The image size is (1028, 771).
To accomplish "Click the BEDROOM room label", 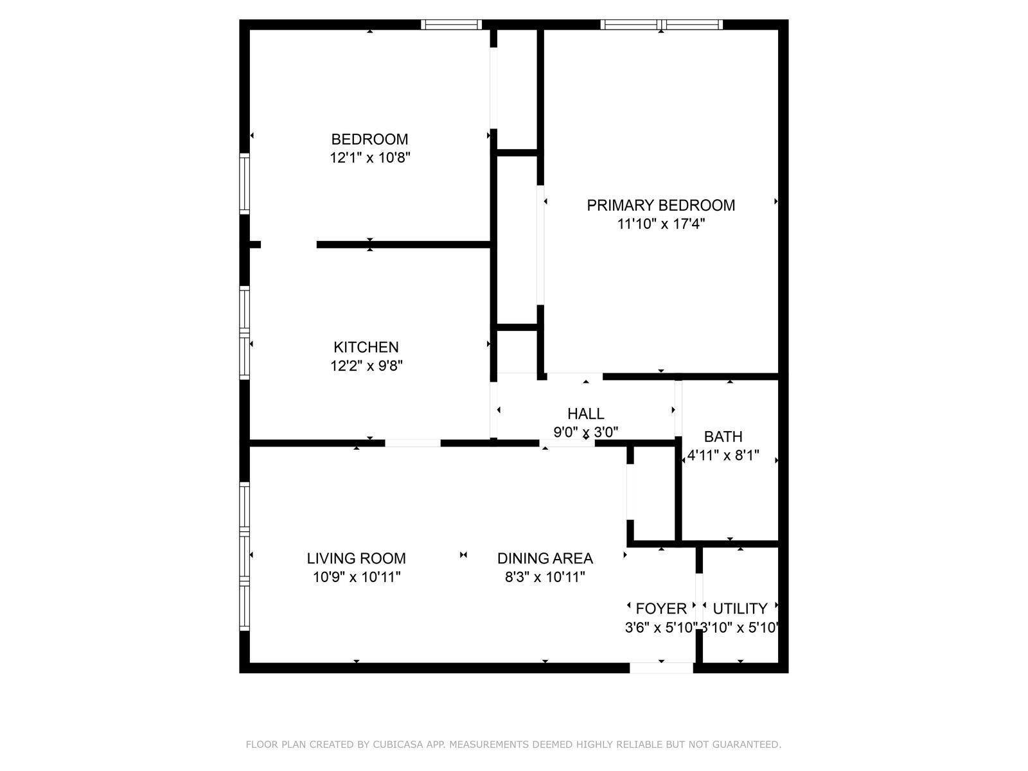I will coord(369,139).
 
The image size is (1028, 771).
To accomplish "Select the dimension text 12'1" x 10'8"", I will coord(369,158).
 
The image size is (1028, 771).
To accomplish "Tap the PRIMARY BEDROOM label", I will coord(660,206).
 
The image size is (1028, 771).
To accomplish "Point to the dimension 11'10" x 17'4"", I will coord(660,224).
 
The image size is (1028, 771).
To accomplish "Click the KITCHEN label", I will coord(366,348).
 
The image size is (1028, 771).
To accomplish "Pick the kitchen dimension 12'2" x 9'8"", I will coord(366,366).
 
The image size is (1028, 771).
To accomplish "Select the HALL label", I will coord(585,414).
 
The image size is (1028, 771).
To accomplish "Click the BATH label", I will coord(723,437).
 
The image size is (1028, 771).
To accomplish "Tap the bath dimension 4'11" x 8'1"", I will coord(723,456).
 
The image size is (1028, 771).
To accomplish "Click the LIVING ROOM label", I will coord(356,559).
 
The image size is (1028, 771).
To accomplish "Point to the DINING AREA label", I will coord(545,559).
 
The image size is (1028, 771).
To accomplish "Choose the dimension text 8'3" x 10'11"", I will coord(545,578).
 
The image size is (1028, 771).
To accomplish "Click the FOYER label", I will coord(660,608).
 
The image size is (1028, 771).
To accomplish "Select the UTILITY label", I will coord(740,608).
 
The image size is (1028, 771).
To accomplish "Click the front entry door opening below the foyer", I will coord(661,668).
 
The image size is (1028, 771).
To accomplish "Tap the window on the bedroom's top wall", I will coord(451,25).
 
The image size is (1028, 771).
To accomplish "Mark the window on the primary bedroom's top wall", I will coord(661,25).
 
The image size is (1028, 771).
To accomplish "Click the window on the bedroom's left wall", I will coord(244,184).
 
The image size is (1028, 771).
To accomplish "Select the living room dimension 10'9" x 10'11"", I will coord(357,578).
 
